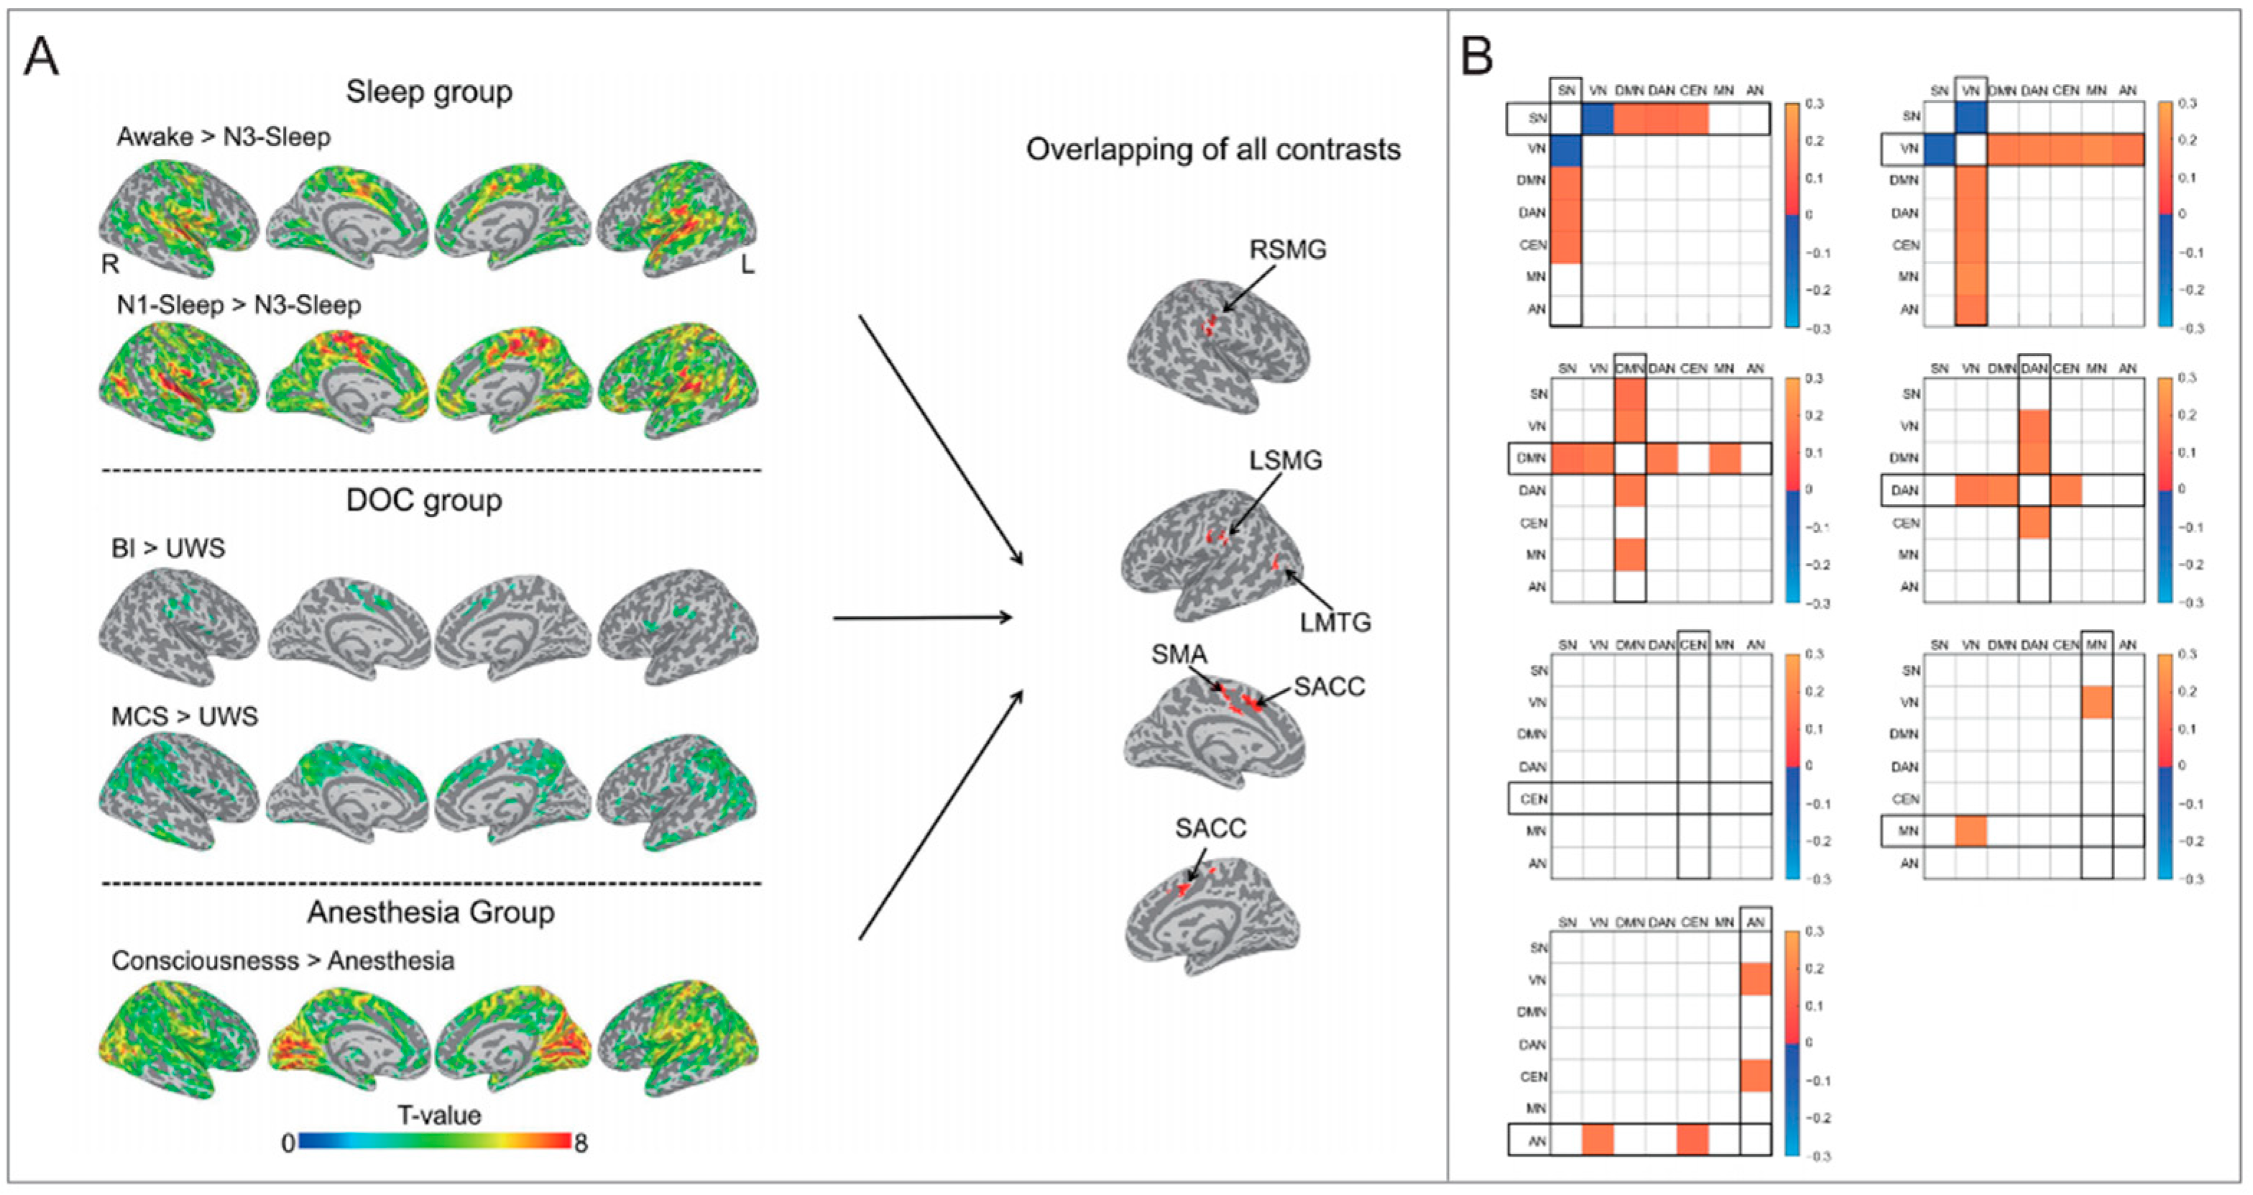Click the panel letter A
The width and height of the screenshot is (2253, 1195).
(41, 58)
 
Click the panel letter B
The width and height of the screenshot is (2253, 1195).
(1478, 58)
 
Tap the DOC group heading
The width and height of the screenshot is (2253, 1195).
(424, 500)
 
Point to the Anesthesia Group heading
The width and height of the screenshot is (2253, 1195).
(430, 912)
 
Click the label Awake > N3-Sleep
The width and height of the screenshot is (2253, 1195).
(224, 137)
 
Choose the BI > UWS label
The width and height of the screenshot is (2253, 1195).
(168, 549)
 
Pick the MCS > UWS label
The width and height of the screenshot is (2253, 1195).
(185, 716)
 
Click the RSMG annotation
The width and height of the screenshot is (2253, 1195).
(1287, 250)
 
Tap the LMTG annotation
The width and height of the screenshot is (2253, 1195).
(1335, 622)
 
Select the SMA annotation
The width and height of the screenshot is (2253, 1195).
(1179, 654)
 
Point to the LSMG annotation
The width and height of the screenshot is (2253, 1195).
(1285, 460)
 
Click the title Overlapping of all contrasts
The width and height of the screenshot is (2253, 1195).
(1213, 150)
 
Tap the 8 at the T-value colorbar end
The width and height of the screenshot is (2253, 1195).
(581, 1143)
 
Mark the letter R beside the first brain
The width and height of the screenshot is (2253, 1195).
(110, 263)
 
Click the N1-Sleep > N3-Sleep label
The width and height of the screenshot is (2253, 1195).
(239, 306)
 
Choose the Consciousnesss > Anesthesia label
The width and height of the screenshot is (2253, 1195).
(282, 961)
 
